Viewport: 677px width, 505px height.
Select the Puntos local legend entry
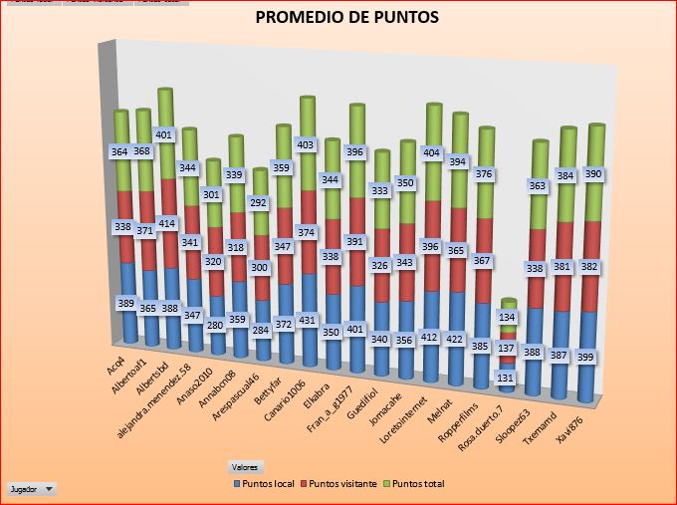(268, 484)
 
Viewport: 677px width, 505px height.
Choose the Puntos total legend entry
(420, 484)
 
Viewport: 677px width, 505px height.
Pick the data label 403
(307, 144)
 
